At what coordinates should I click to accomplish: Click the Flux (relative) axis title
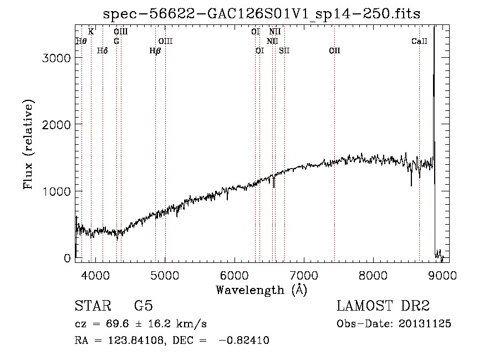[x=29, y=144]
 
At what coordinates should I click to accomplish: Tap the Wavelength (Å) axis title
[x=261, y=289]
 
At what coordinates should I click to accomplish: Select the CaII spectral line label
[x=420, y=42]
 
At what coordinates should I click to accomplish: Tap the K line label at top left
[x=91, y=32]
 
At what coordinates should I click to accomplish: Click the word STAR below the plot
[x=93, y=306]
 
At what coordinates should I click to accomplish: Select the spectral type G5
[x=143, y=306]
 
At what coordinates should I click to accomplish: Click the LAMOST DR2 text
[x=383, y=306]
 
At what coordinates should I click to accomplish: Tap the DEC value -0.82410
[x=244, y=341]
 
